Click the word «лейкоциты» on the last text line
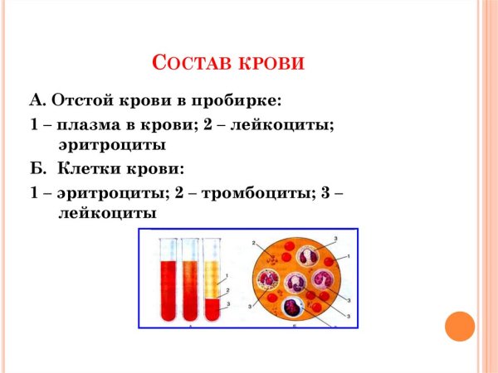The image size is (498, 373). tap(106, 212)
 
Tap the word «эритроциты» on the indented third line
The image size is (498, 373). tap(111, 145)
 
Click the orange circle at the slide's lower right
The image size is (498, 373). tap(459, 326)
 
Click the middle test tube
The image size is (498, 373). tap(190, 283)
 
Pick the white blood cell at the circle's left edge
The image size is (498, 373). tap(266, 279)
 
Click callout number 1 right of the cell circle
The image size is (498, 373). tap(349, 257)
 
